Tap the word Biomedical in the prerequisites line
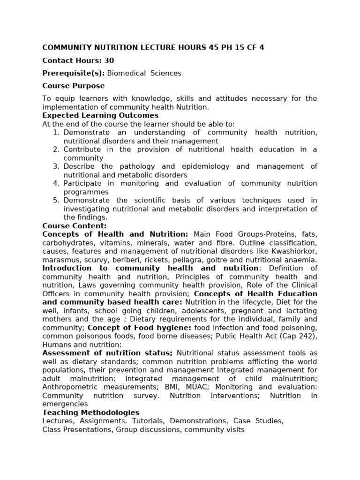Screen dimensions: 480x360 pyautogui.click(x=125, y=73)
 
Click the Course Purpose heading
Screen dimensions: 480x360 pyautogui.click(x=74, y=86)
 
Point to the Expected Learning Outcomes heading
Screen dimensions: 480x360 pyautogui.click(x=100, y=115)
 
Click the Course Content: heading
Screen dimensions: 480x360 pyautogui.click(x=75, y=226)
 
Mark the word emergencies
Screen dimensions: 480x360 pyautogui.click(x=65, y=404)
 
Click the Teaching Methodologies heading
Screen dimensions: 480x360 pyautogui.click(x=90, y=412)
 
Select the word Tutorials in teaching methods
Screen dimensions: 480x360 pyautogui.click(x=148, y=421)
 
